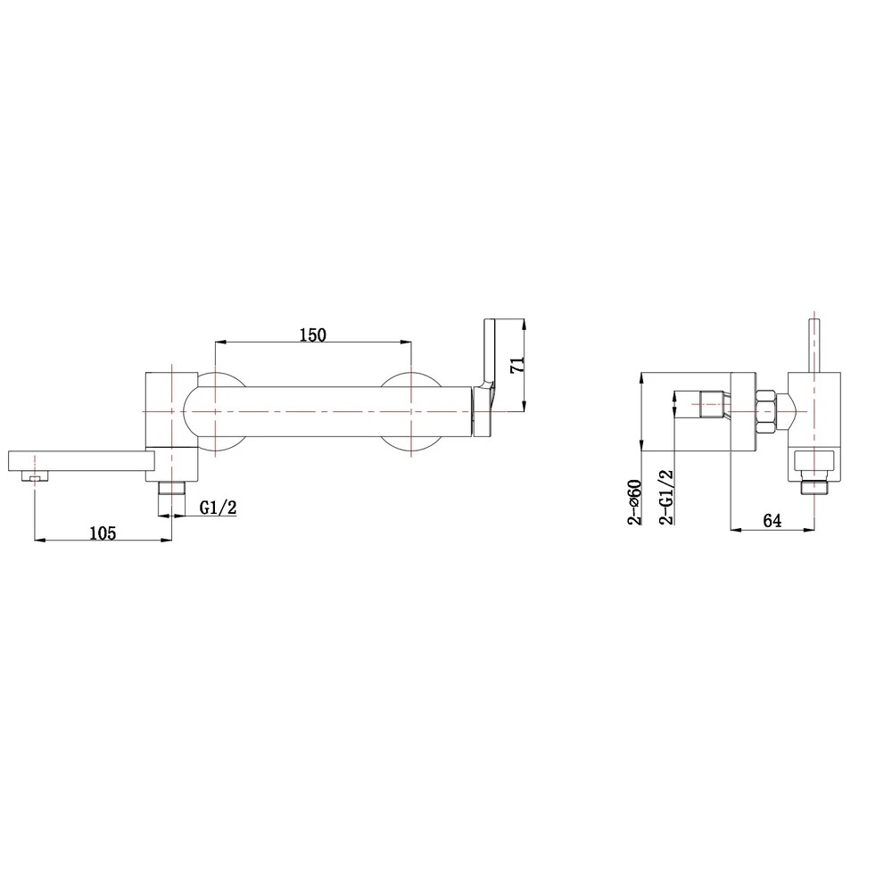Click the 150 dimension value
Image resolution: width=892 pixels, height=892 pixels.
tap(313, 334)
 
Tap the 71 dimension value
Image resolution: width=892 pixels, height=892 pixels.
tap(517, 365)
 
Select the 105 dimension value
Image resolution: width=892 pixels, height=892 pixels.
tap(103, 533)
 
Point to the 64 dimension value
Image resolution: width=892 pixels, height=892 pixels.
tap(772, 521)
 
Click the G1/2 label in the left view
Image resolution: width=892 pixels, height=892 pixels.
tap(218, 507)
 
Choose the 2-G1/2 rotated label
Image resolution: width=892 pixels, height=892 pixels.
tap(665, 497)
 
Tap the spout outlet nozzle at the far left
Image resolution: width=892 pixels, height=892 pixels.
tap(34, 476)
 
